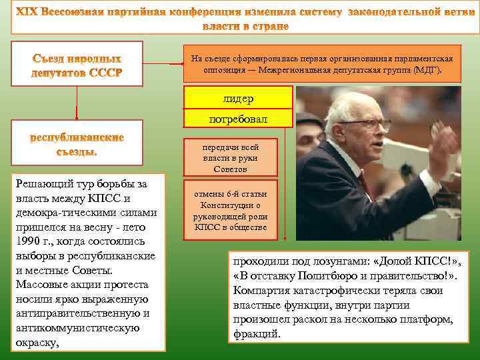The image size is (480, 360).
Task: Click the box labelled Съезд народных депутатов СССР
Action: coord(77,64)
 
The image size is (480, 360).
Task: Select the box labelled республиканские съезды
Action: coord(77,143)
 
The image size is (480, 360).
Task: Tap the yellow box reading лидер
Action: coord(238,98)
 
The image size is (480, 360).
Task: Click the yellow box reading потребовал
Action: coord(238,119)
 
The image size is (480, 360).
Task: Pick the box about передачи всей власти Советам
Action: coord(231,158)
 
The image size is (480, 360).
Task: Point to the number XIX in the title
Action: coord(27,13)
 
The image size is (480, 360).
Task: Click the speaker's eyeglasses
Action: coord(371,124)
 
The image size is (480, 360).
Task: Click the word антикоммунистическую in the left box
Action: coord(77,328)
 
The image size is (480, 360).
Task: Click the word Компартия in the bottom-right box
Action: coord(263,291)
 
